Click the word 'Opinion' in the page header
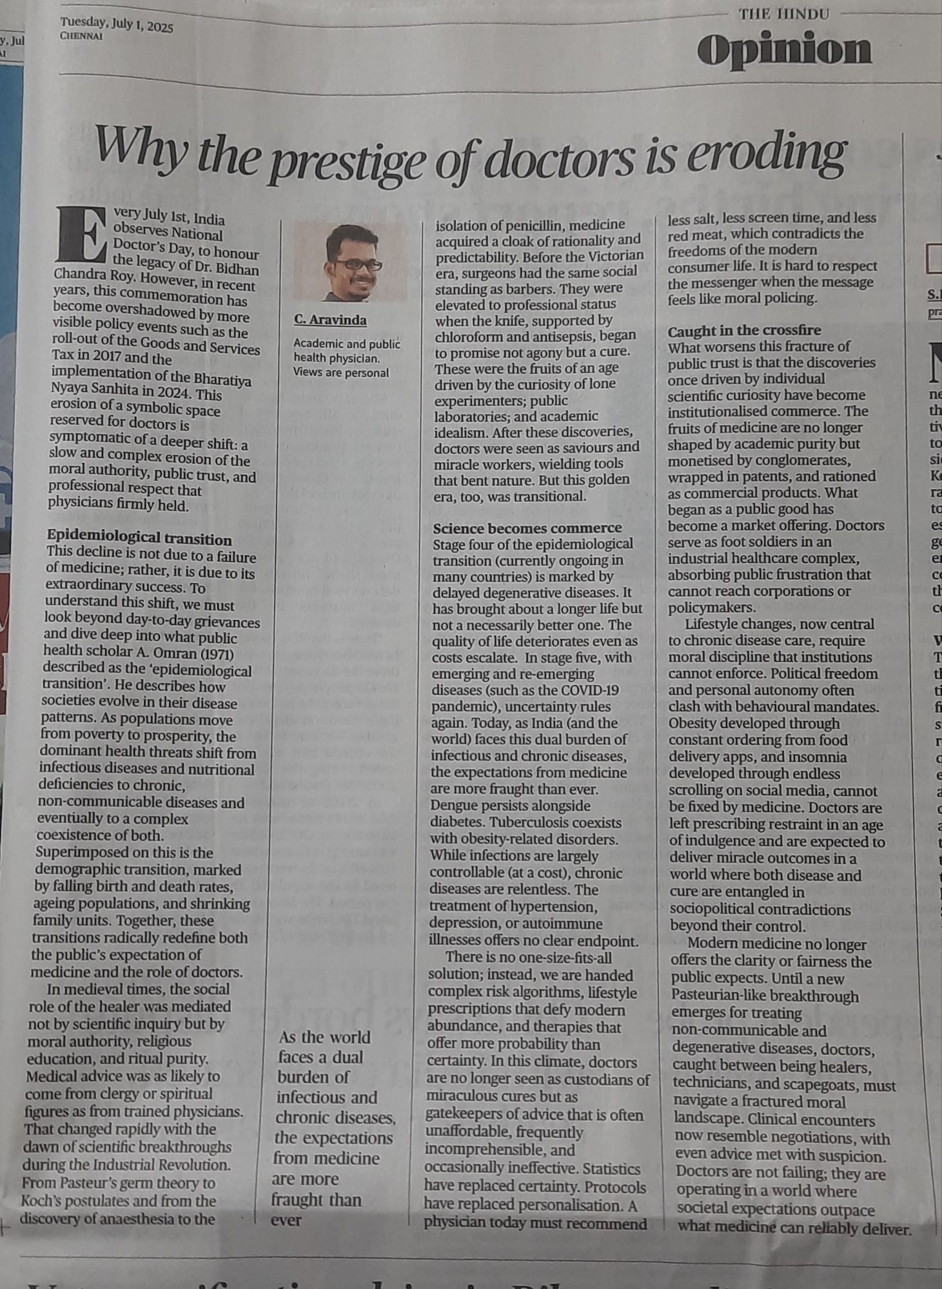pyautogui.click(x=783, y=50)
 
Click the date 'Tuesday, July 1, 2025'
pyautogui.click(x=117, y=24)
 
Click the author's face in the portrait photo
pyautogui.click(x=352, y=263)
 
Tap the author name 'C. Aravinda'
pyautogui.click(x=330, y=320)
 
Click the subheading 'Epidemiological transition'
pyautogui.click(x=139, y=538)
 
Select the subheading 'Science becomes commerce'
pyautogui.click(x=527, y=528)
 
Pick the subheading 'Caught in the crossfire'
pyautogui.click(x=744, y=331)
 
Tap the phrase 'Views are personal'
pyautogui.click(x=340, y=373)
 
